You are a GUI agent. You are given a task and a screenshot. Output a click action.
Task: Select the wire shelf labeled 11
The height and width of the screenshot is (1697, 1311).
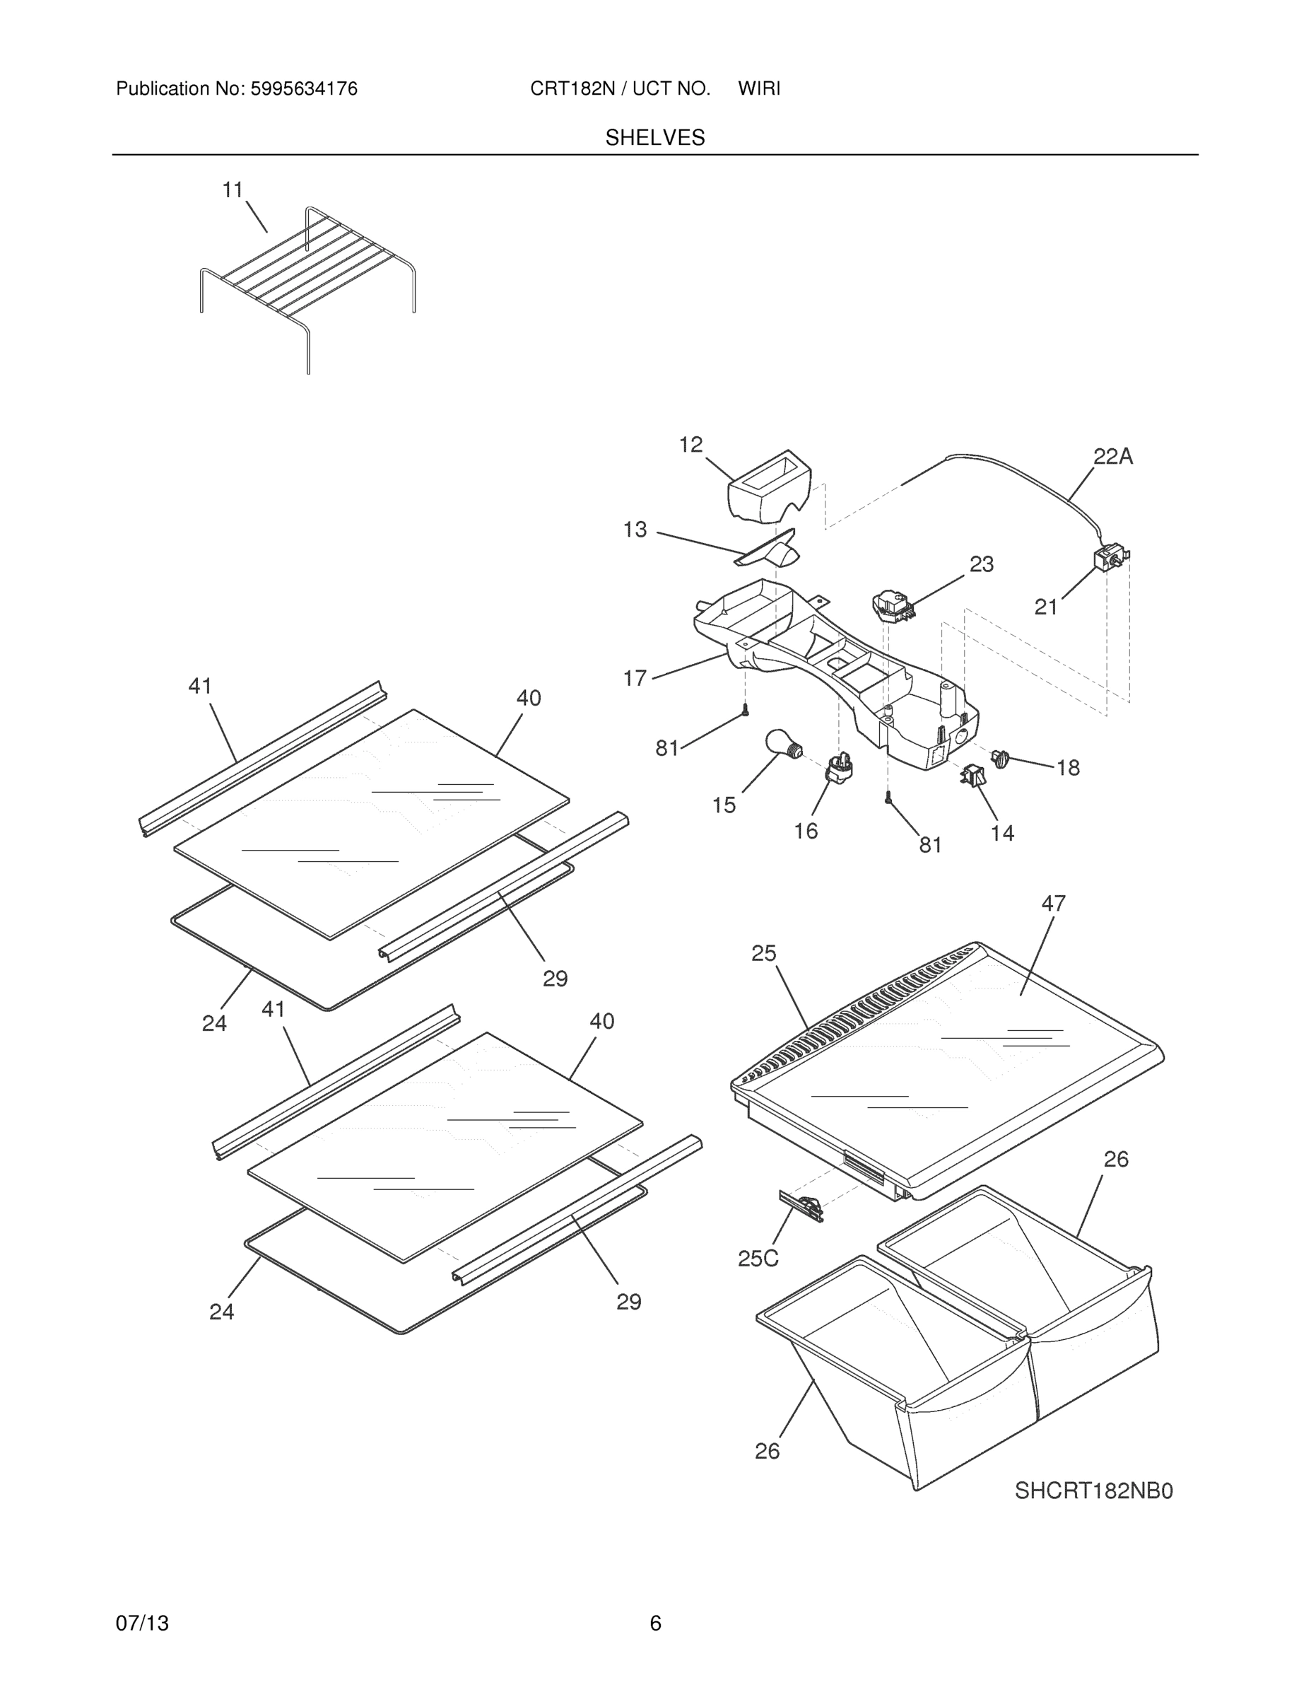[307, 280]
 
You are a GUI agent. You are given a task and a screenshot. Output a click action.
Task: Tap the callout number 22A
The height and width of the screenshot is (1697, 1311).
[1112, 457]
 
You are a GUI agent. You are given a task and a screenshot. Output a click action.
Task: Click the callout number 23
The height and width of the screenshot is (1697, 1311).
[981, 564]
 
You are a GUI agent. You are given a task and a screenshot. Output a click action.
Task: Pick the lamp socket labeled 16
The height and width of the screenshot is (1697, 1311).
[839, 769]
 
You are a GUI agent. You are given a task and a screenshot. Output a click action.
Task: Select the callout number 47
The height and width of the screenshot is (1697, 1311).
[1053, 903]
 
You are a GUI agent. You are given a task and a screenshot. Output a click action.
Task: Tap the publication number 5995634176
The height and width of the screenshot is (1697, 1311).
[303, 89]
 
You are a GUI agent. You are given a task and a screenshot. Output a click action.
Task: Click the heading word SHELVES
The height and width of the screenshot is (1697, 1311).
[654, 138]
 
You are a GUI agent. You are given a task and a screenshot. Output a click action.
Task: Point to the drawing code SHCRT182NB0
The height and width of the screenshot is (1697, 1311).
[1093, 1491]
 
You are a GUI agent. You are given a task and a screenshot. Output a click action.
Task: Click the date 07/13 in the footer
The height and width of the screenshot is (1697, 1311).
[142, 1623]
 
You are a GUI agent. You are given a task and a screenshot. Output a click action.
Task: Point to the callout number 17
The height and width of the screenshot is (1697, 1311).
[635, 678]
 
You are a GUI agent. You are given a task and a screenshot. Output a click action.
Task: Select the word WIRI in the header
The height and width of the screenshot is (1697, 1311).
[759, 89]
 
